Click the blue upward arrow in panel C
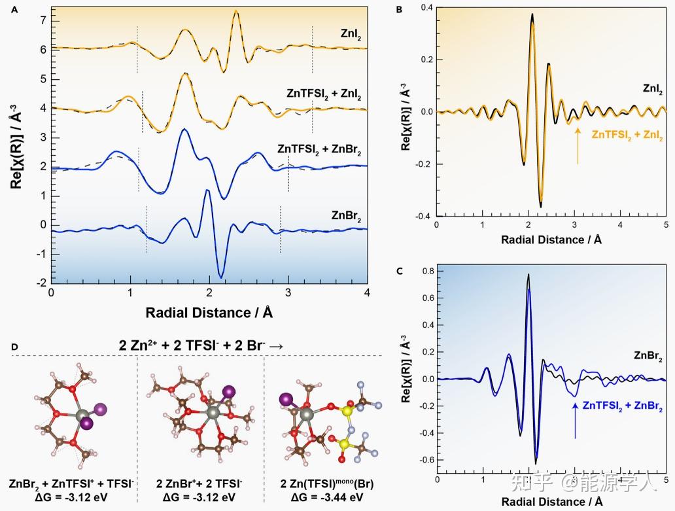[x=575, y=419]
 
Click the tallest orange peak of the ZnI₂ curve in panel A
[x=235, y=12]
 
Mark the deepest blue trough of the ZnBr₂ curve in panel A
[x=221, y=277]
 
